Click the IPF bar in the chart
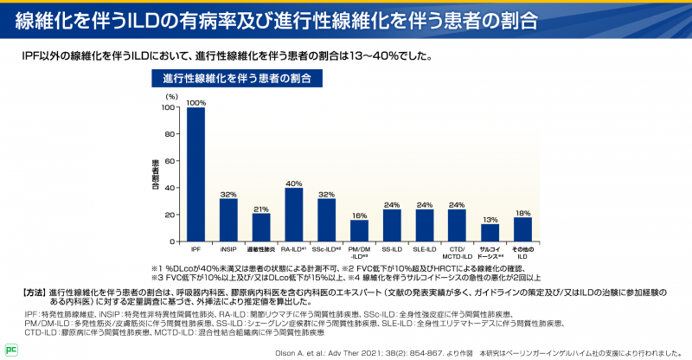pos(195,174)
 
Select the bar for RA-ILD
pos(293,214)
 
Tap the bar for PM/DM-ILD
pos(359,230)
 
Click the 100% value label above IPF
pos(195,102)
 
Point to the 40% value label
pos(293,183)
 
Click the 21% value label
pos(260,209)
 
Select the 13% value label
pos(490,219)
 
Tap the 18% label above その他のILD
pos(522,212)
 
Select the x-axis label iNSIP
pos(228,249)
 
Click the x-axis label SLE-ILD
pos(424,249)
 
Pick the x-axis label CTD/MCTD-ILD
pos(457,253)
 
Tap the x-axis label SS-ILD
pos(392,249)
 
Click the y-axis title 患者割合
pos(156,174)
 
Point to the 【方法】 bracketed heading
pos(29,292)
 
